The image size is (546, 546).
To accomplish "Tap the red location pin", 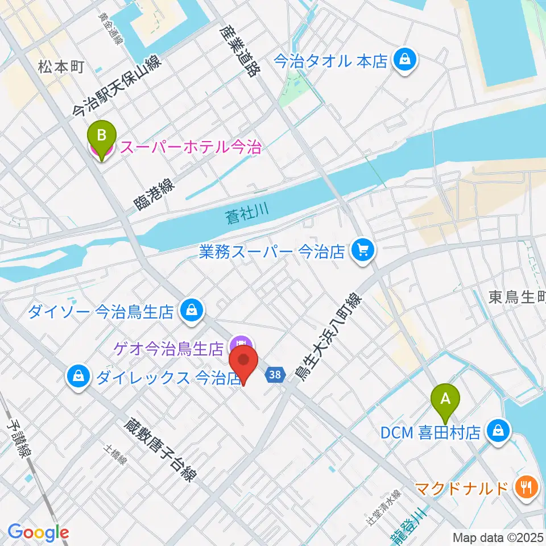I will [x=243, y=364].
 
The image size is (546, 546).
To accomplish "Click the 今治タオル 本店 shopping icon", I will [x=406, y=59].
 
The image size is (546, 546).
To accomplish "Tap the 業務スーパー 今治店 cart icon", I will [x=362, y=251].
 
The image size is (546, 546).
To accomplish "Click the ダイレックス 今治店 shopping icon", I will [x=76, y=377].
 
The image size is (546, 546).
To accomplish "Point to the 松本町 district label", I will [x=61, y=67].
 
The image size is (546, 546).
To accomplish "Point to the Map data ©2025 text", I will [x=497, y=536].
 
